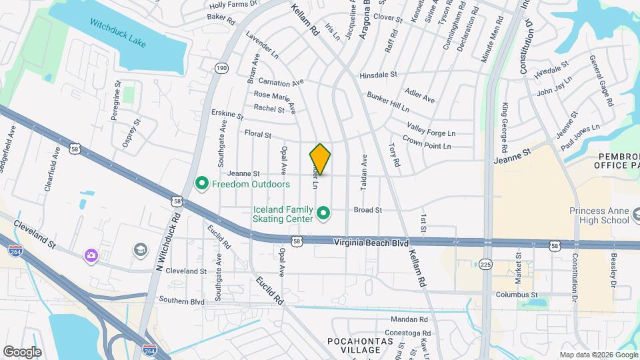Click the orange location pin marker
(320, 159)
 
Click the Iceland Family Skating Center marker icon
(324, 213)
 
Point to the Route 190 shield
(221, 68)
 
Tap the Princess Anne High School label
(599, 215)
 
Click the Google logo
(22, 352)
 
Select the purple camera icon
(90, 255)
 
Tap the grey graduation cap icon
(141, 250)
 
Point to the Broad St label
(367, 209)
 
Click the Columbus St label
(516, 295)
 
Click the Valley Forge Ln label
(431, 129)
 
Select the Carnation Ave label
(281, 83)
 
